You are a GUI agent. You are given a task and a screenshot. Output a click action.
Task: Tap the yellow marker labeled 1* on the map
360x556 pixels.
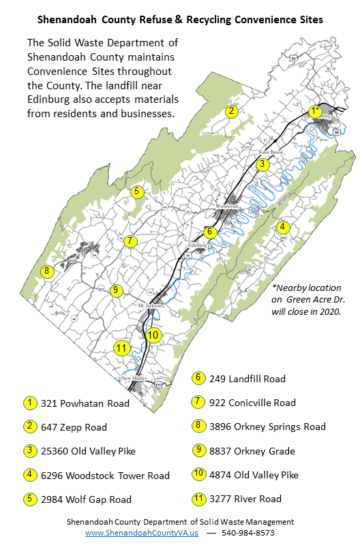click(x=314, y=111)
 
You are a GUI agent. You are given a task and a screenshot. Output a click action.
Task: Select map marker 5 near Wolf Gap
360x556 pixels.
click(x=136, y=191)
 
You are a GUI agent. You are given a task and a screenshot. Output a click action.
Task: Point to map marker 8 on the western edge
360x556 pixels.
click(x=46, y=271)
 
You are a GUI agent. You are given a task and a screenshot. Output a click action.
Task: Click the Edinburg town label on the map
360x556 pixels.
click(x=197, y=244)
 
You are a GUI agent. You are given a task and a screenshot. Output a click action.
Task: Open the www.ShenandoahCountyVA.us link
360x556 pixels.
click(x=142, y=533)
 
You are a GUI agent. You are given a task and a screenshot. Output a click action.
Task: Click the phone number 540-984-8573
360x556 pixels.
click(x=250, y=533)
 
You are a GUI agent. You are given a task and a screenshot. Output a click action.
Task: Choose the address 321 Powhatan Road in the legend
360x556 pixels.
click(x=85, y=403)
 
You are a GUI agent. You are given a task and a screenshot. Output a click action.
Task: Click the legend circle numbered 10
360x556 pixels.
click(x=198, y=474)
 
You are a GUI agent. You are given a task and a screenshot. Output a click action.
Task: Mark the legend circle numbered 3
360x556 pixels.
click(x=31, y=451)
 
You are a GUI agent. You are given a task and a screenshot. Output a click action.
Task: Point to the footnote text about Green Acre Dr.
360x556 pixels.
click(x=305, y=299)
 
